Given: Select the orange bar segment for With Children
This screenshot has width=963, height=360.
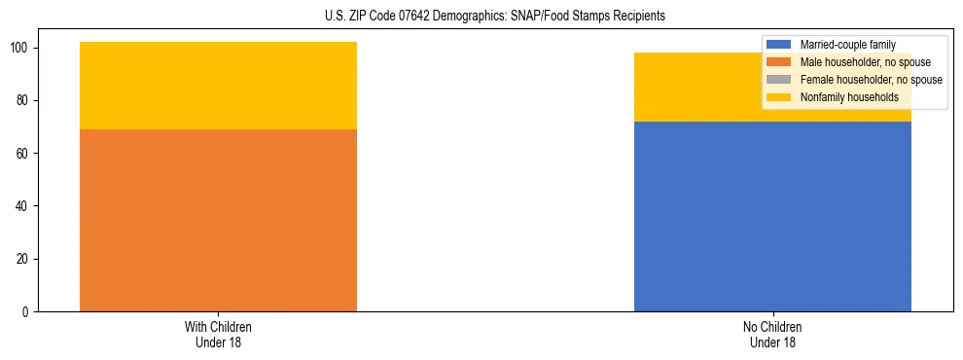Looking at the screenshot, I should click(x=218, y=220).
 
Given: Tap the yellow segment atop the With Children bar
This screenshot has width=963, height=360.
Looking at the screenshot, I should click(x=218, y=86).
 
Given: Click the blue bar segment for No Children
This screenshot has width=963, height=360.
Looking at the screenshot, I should click(x=772, y=216).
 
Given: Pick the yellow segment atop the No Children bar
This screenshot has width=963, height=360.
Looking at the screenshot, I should click(x=681, y=88).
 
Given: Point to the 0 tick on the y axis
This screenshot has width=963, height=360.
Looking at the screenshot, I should click(x=28, y=312).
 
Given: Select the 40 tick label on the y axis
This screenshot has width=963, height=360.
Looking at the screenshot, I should click(x=25, y=206).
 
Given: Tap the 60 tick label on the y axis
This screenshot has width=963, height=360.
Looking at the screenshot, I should click(x=25, y=154).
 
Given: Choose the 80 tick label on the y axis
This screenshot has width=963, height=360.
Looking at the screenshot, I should click(x=25, y=101).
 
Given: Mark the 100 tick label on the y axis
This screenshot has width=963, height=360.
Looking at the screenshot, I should click(x=22, y=49).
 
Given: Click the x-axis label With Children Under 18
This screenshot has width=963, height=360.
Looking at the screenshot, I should click(x=218, y=334).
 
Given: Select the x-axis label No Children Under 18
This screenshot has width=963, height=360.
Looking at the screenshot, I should click(x=772, y=334).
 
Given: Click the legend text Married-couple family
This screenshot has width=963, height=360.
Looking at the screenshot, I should click(x=847, y=45).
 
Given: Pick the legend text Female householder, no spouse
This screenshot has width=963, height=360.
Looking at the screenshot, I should click(x=871, y=80).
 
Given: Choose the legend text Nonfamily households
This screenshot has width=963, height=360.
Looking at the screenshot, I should click(x=849, y=97).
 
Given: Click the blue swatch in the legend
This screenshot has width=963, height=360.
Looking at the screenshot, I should click(x=779, y=45).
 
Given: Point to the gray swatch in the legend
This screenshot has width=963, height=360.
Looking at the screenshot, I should click(x=779, y=80).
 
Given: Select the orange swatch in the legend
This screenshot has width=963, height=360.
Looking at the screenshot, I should click(x=779, y=62).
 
